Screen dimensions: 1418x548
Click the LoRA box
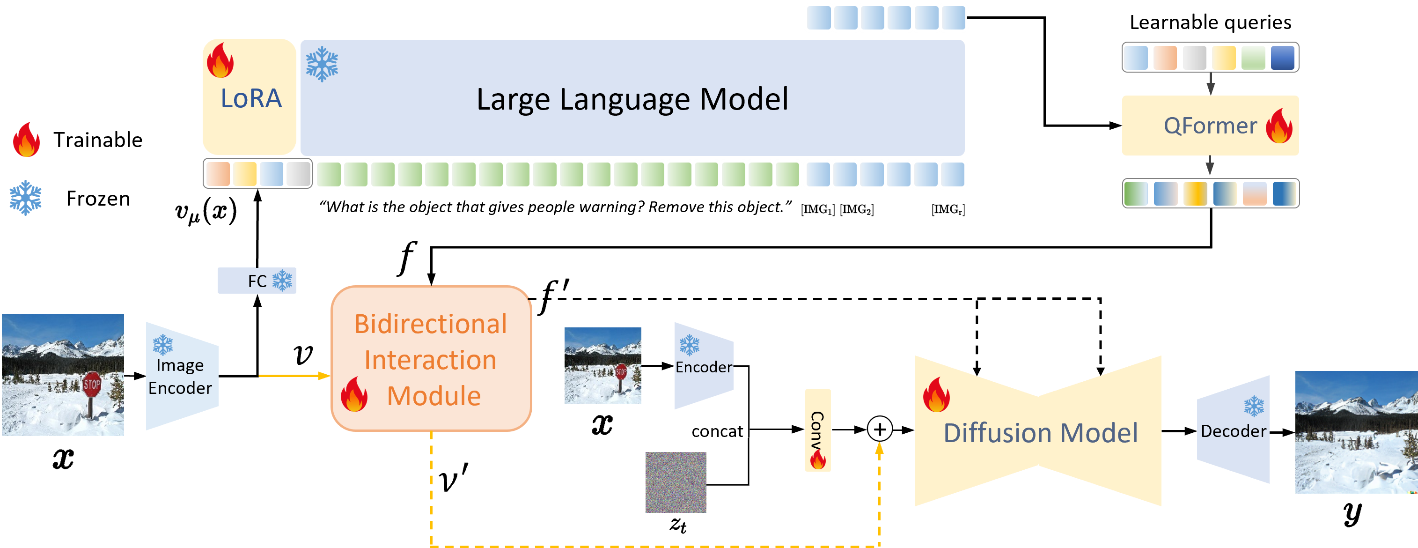click(250, 96)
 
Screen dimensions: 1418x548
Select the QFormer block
click(1210, 125)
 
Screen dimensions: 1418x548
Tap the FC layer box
click(257, 281)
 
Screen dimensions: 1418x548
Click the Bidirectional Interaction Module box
click(431, 358)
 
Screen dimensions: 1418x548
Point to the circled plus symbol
click(880, 429)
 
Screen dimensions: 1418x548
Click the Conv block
click(817, 430)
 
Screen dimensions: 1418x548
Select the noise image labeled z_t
click(676, 482)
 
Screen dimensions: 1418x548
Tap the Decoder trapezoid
click(1233, 430)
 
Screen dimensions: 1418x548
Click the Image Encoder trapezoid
click(182, 376)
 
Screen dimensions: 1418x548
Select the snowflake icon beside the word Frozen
click(25, 197)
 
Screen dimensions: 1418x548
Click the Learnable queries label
click(1210, 22)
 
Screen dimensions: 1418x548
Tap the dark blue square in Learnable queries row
click(1282, 58)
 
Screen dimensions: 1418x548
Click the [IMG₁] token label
click(817, 209)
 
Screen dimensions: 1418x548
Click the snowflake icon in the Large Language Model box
click(322, 64)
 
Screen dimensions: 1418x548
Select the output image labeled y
click(1356, 432)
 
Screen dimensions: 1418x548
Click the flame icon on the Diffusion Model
click(936, 394)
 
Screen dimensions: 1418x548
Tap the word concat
click(717, 431)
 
